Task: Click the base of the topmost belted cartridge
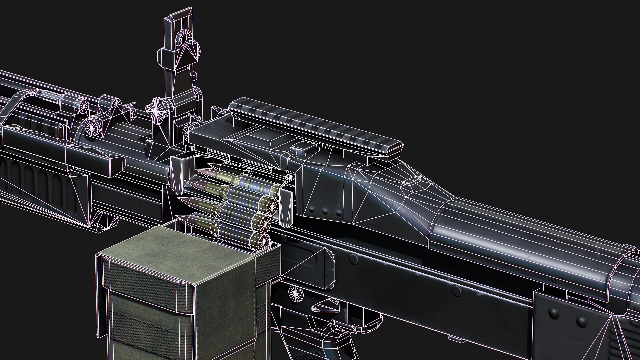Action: [x=273, y=190]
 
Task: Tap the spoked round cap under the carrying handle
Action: [x=93, y=126]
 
